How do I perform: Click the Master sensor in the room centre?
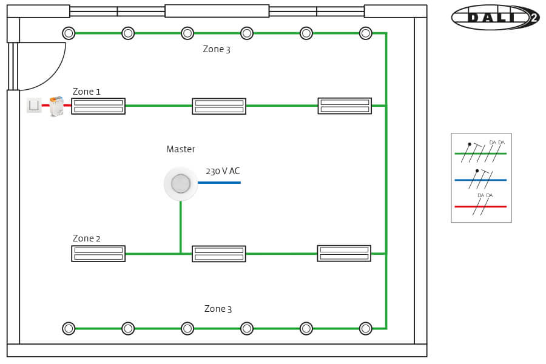(x=181, y=183)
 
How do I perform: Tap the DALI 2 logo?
(x=495, y=18)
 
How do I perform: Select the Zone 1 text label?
(x=87, y=92)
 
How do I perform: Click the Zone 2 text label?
(x=87, y=238)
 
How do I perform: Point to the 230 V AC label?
(x=223, y=171)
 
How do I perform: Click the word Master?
(x=181, y=149)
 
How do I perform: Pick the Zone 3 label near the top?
(x=217, y=49)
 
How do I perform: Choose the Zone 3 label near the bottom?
(x=218, y=309)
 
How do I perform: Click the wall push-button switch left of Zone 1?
(x=34, y=106)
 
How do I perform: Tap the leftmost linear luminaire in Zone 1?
(x=98, y=106)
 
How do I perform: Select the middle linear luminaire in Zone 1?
(x=219, y=106)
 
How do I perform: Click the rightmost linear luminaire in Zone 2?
(x=344, y=253)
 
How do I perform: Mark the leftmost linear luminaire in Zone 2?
(x=98, y=254)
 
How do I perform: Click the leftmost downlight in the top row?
(x=69, y=33)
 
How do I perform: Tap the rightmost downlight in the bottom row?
(x=365, y=328)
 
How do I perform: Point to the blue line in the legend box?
(x=480, y=180)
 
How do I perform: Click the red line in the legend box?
(x=480, y=206)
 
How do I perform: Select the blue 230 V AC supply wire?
(x=219, y=182)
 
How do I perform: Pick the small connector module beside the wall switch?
(x=56, y=106)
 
